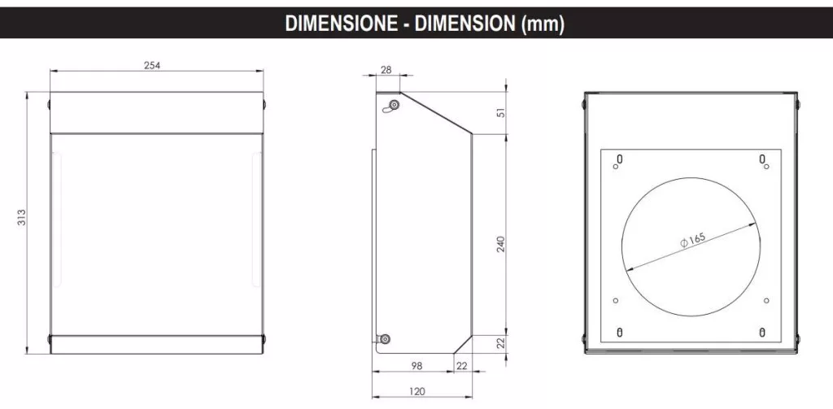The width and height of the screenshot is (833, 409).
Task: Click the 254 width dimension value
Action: point(152,66)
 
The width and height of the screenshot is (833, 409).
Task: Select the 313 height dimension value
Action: point(22,217)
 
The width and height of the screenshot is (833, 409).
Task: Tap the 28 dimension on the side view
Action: point(386,70)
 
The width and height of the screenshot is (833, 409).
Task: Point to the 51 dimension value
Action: point(500,112)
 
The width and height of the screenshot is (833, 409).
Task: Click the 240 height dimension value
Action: point(500,244)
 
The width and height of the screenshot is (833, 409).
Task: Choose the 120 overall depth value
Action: point(417,391)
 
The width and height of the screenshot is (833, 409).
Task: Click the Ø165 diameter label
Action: point(692,240)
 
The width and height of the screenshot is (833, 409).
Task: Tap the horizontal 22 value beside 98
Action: point(462,366)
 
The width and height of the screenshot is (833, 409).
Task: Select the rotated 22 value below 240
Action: point(500,344)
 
